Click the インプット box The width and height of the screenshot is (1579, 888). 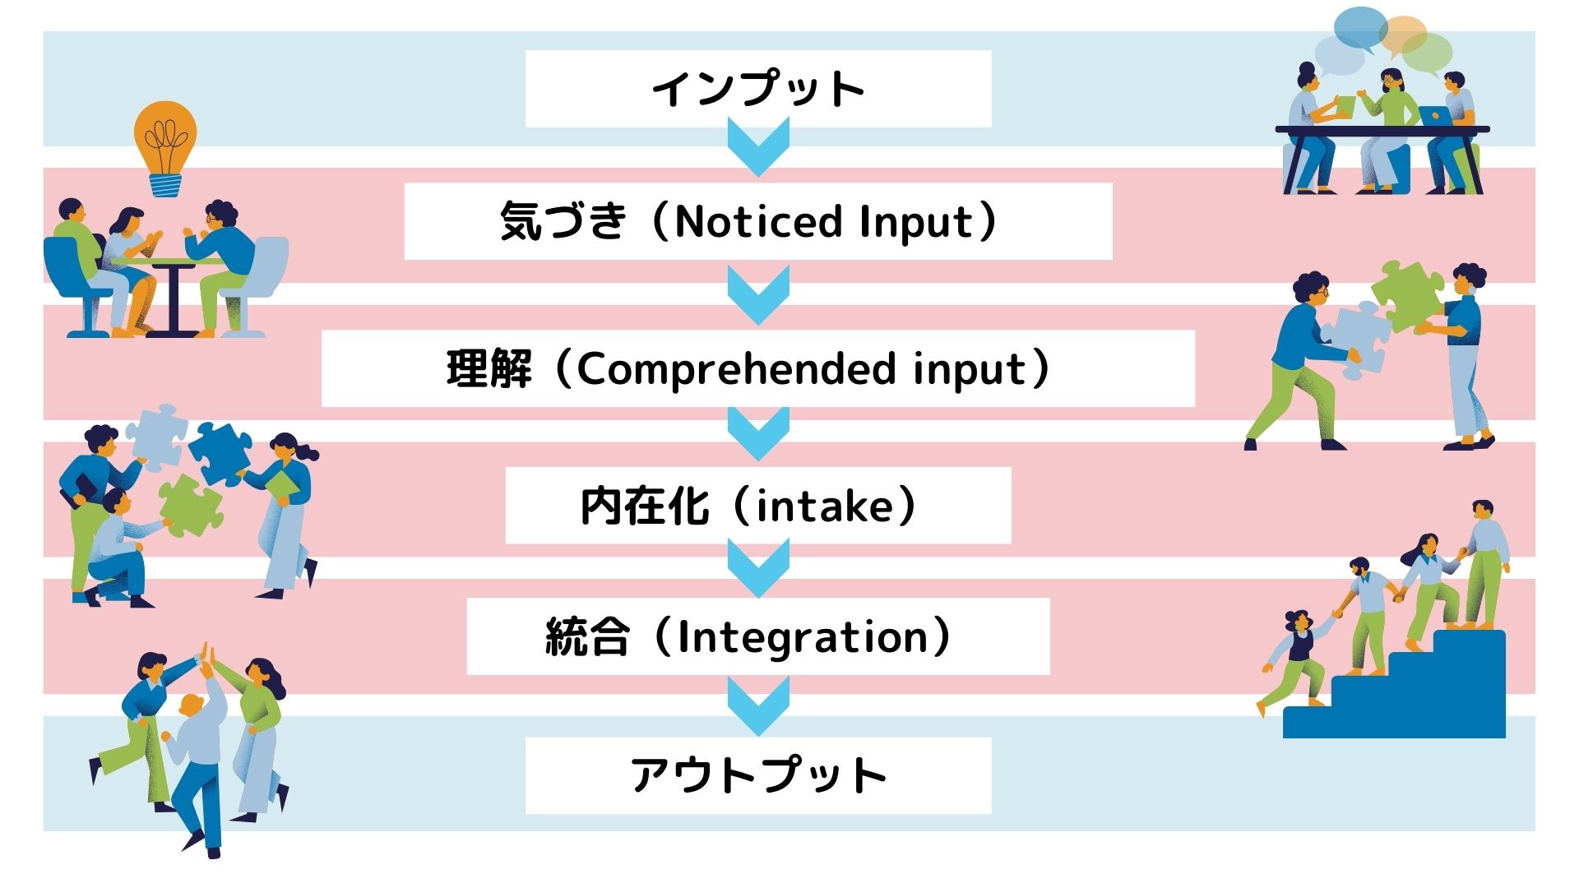point(757,89)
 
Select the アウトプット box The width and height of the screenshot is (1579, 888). point(757,775)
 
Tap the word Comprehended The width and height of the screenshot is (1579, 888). point(735,369)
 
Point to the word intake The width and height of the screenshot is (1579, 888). point(823,506)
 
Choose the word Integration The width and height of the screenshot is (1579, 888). point(803,638)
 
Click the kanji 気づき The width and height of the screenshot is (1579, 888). point(563,221)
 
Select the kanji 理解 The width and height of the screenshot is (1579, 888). point(489,369)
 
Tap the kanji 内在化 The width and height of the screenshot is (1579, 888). point(644,506)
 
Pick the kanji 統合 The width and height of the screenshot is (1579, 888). point(587,638)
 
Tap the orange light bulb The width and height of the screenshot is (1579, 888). point(165,148)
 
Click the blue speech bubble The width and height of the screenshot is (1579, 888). point(1361,29)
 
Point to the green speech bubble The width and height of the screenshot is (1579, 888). point(1428,53)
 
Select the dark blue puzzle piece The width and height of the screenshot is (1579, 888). point(220,453)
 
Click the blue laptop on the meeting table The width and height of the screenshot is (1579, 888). point(1435,116)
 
